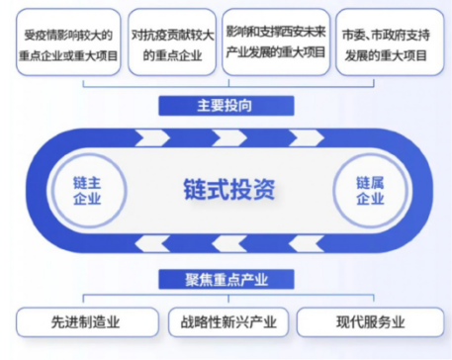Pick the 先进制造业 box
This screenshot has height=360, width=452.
click(x=87, y=322)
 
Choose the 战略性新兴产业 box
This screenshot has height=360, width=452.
click(x=226, y=322)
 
